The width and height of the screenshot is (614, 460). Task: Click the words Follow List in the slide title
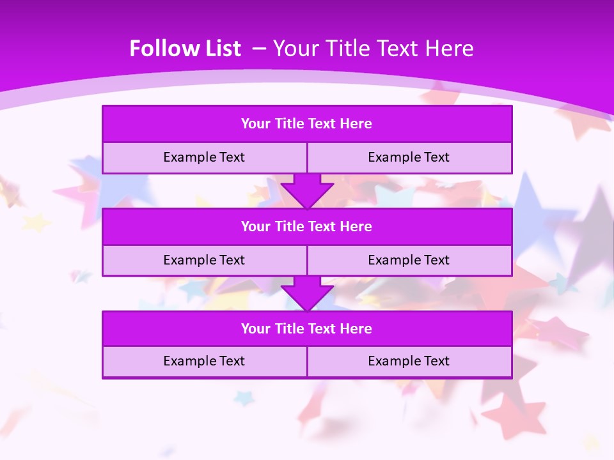(185, 49)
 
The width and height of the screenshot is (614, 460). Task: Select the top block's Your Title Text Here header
(306, 124)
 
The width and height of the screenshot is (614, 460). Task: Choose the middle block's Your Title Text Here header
(306, 227)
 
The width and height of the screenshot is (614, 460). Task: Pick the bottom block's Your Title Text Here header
(306, 329)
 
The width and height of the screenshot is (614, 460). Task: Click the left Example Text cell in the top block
(204, 157)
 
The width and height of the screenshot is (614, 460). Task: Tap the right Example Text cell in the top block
(409, 157)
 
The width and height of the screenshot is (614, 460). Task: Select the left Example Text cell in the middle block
(204, 260)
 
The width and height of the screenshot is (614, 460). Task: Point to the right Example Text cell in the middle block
(409, 260)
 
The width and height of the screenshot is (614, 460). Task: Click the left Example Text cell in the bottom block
(204, 361)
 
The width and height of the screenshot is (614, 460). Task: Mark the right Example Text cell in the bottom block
(409, 361)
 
